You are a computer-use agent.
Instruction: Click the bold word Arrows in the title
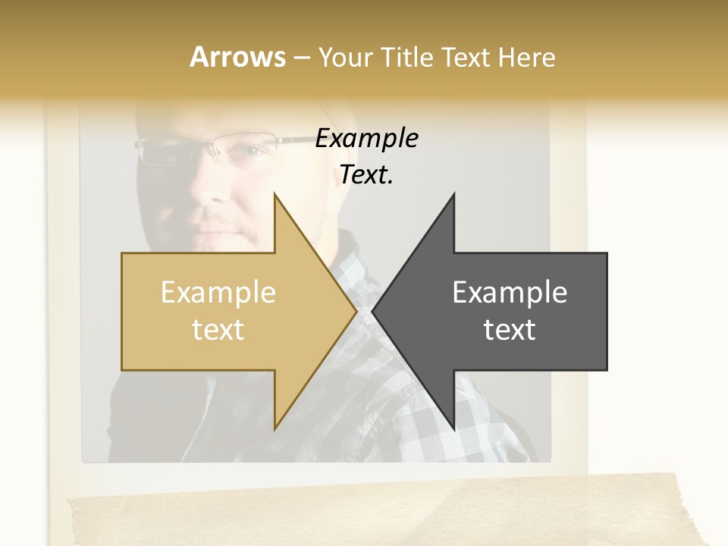tap(237, 57)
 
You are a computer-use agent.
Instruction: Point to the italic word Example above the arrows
tap(366, 139)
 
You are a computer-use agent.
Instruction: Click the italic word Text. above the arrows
tap(366, 175)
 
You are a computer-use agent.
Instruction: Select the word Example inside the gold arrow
tap(218, 293)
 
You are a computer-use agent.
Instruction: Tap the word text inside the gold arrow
tap(218, 330)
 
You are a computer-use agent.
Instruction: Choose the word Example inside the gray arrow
tap(510, 293)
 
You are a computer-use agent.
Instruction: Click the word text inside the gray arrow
tap(510, 330)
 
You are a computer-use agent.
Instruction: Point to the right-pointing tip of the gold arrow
tap(356, 312)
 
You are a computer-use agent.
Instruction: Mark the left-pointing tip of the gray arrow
tap(373, 312)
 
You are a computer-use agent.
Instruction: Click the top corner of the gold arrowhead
tap(275, 195)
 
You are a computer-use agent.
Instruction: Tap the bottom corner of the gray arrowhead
tap(453, 428)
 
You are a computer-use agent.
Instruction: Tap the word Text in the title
tap(466, 57)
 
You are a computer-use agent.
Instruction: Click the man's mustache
tap(227, 226)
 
